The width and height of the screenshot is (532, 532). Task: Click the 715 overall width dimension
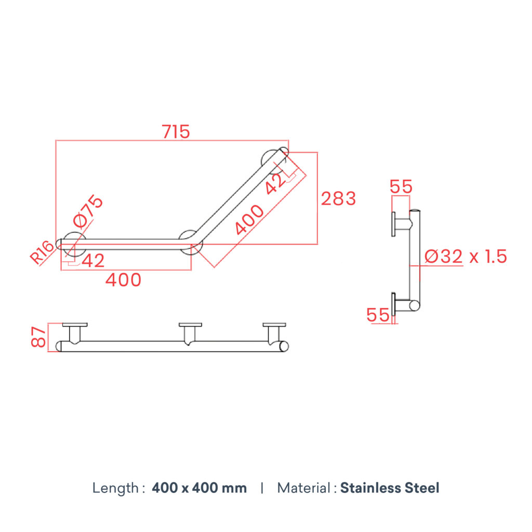176,131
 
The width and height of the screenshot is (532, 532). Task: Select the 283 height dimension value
338,198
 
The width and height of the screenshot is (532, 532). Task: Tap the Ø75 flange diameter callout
88,211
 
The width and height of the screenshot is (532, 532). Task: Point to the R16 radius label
42,252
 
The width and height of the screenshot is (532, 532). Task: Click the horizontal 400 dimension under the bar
123,280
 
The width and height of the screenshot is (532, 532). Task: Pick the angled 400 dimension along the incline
249,220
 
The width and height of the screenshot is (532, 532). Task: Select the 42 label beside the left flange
93,261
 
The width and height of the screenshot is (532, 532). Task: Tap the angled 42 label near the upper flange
275,183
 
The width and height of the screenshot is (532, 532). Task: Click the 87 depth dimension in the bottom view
38,337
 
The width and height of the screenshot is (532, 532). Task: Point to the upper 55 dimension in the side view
401,187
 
